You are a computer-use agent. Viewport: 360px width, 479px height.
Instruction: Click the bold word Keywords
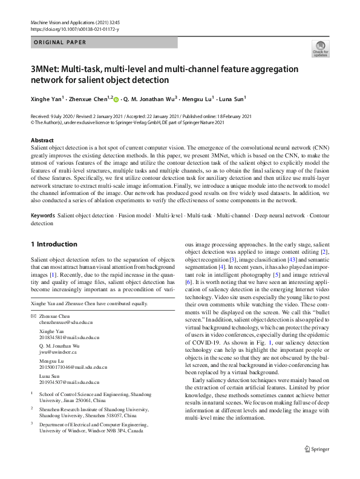pos(43,216)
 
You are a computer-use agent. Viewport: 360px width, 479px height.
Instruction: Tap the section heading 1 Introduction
pos(54,244)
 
